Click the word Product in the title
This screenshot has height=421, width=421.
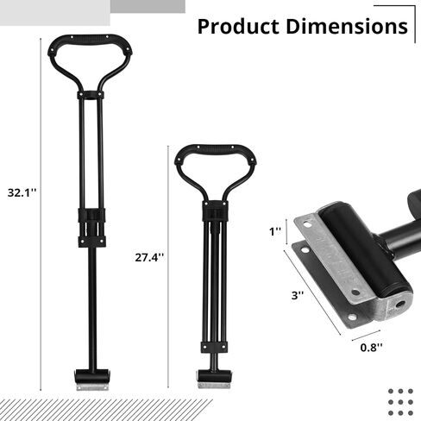(x=238, y=27)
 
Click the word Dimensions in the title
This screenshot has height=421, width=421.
(x=347, y=27)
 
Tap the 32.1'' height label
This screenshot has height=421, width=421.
(x=22, y=192)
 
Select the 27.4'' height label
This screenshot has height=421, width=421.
(x=149, y=257)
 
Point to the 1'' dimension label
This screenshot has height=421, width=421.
(x=275, y=231)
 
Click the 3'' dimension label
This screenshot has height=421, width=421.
(x=298, y=295)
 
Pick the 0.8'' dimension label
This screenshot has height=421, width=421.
(x=372, y=348)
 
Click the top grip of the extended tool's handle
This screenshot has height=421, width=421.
(x=90, y=40)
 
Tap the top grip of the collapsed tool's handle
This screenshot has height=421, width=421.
(x=215, y=149)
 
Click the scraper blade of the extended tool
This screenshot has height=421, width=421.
(x=92, y=387)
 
